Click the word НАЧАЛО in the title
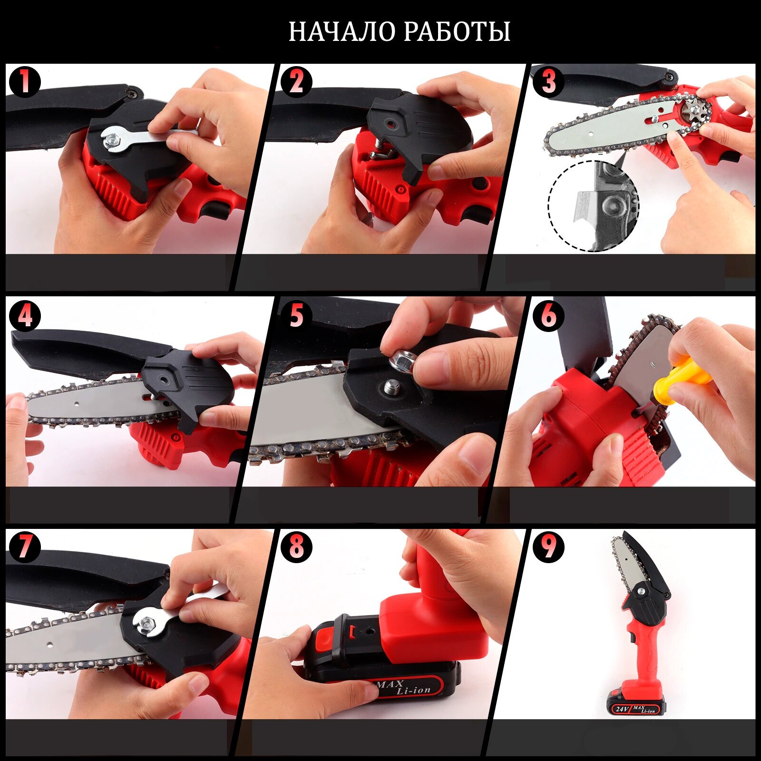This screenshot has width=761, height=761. (x=342, y=32)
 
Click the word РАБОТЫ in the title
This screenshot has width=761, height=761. (x=458, y=32)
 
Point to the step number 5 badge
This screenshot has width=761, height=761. (x=296, y=315)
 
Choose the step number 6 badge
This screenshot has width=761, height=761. (x=548, y=315)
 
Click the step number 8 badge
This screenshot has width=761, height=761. (x=296, y=546)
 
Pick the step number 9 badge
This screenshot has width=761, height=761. (x=548, y=546)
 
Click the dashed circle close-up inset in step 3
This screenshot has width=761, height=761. (x=594, y=205)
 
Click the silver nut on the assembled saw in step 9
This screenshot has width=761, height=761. (x=641, y=591)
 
